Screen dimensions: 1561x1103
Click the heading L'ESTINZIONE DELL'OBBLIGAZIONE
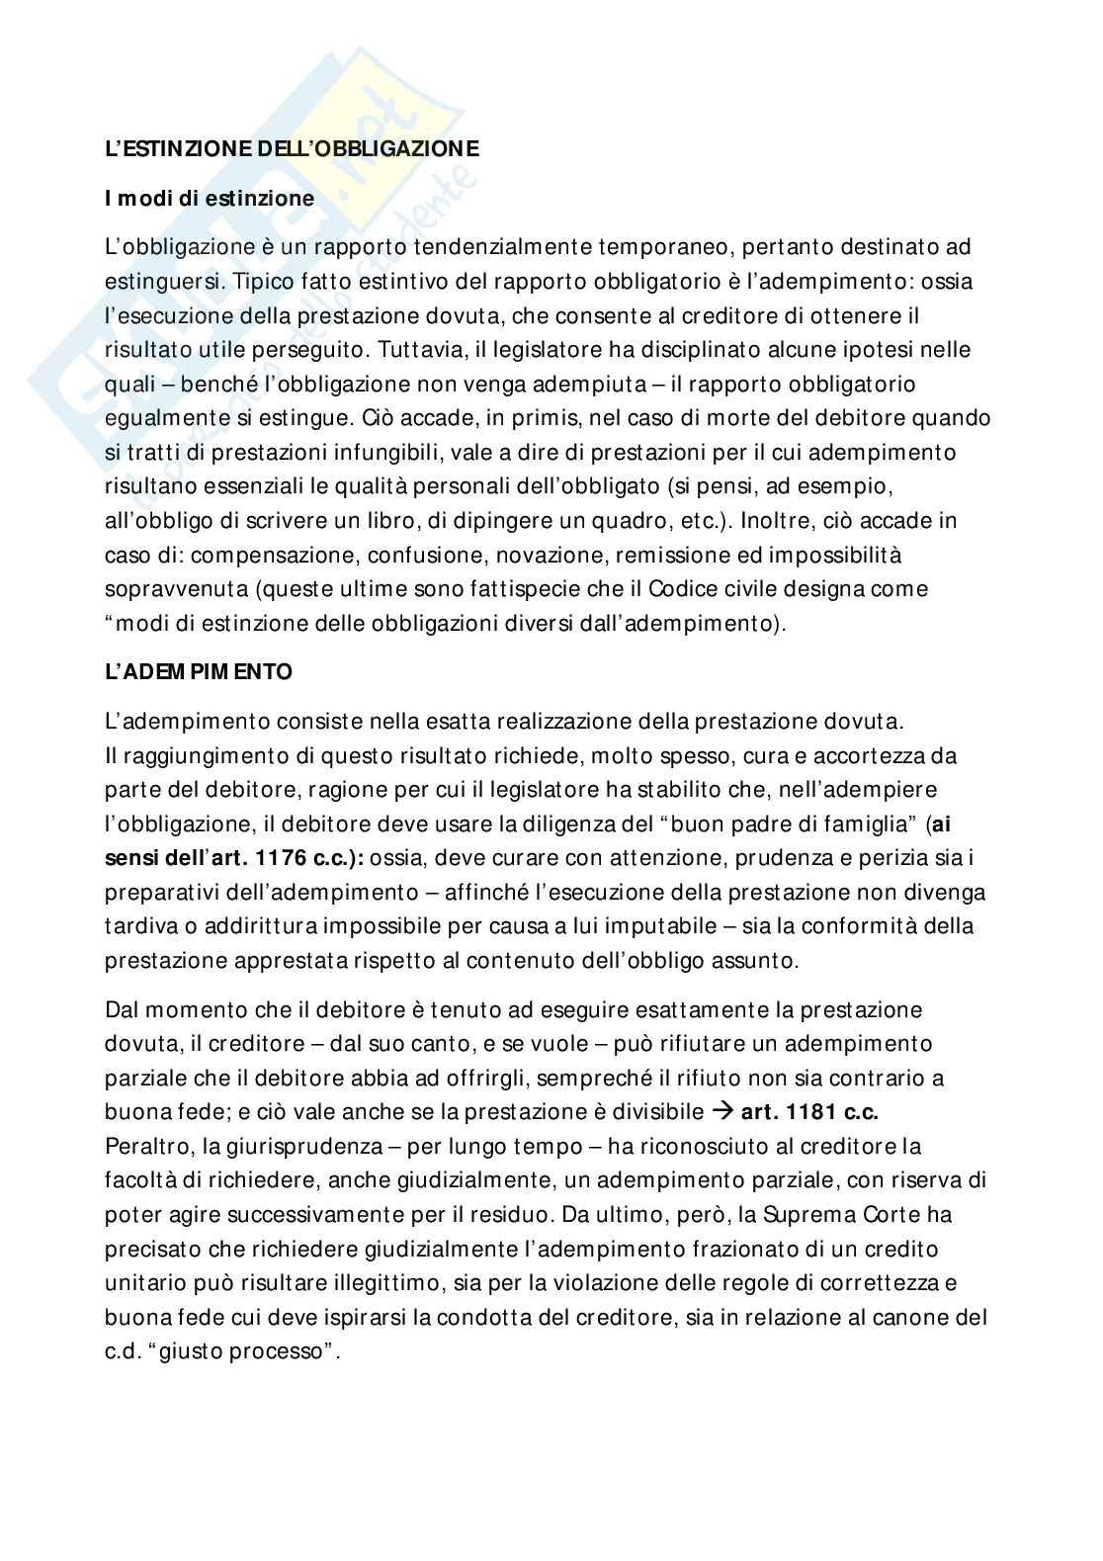tap(292, 149)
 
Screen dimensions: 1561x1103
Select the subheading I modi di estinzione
tap(210, 198)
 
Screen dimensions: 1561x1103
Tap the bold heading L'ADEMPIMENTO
tap(199, 671)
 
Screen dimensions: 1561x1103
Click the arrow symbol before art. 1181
tap(722, 1111)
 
